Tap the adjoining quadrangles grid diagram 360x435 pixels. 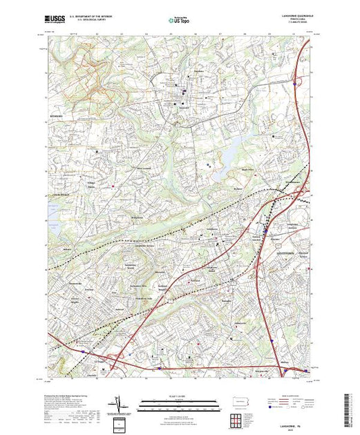[237, 418]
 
